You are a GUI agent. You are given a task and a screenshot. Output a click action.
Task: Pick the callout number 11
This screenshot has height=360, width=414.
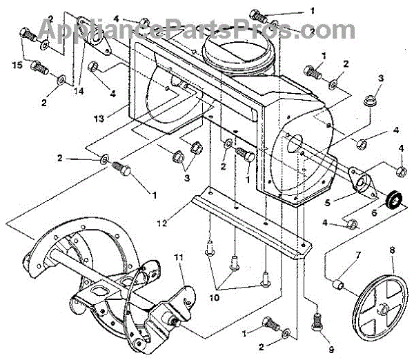click(x=179, y=257)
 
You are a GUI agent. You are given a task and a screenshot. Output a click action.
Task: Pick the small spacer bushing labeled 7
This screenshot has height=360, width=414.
click(x=338, y=283)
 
